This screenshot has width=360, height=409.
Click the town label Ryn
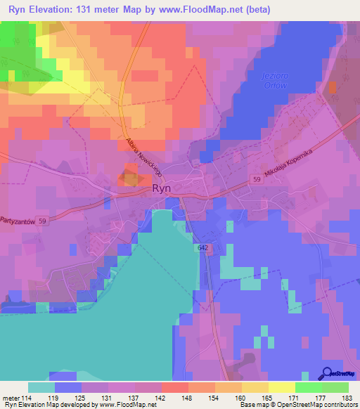(162, 189)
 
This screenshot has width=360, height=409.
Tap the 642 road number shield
(202, 248)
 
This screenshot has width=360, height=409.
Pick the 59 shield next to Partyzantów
(44, 220)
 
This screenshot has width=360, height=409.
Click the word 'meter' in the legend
(11, 397)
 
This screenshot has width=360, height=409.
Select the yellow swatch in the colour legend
(281, 387)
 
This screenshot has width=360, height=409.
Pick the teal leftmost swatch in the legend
(41, 387)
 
